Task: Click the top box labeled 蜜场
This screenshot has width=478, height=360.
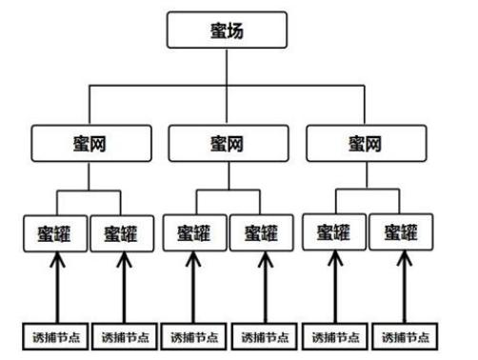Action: point(226,31)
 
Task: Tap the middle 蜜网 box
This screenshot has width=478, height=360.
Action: point(226,145)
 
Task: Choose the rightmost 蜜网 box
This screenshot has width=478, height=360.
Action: point(363,145)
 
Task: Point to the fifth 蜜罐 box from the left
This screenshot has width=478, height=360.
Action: point(332,232)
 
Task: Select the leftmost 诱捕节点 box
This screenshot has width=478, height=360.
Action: point(53,336)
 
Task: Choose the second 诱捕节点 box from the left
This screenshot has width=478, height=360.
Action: point(124,336)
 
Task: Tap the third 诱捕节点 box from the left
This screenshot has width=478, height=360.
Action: point(194,336)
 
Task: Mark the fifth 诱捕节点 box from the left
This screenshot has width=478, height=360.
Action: point(333,336)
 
